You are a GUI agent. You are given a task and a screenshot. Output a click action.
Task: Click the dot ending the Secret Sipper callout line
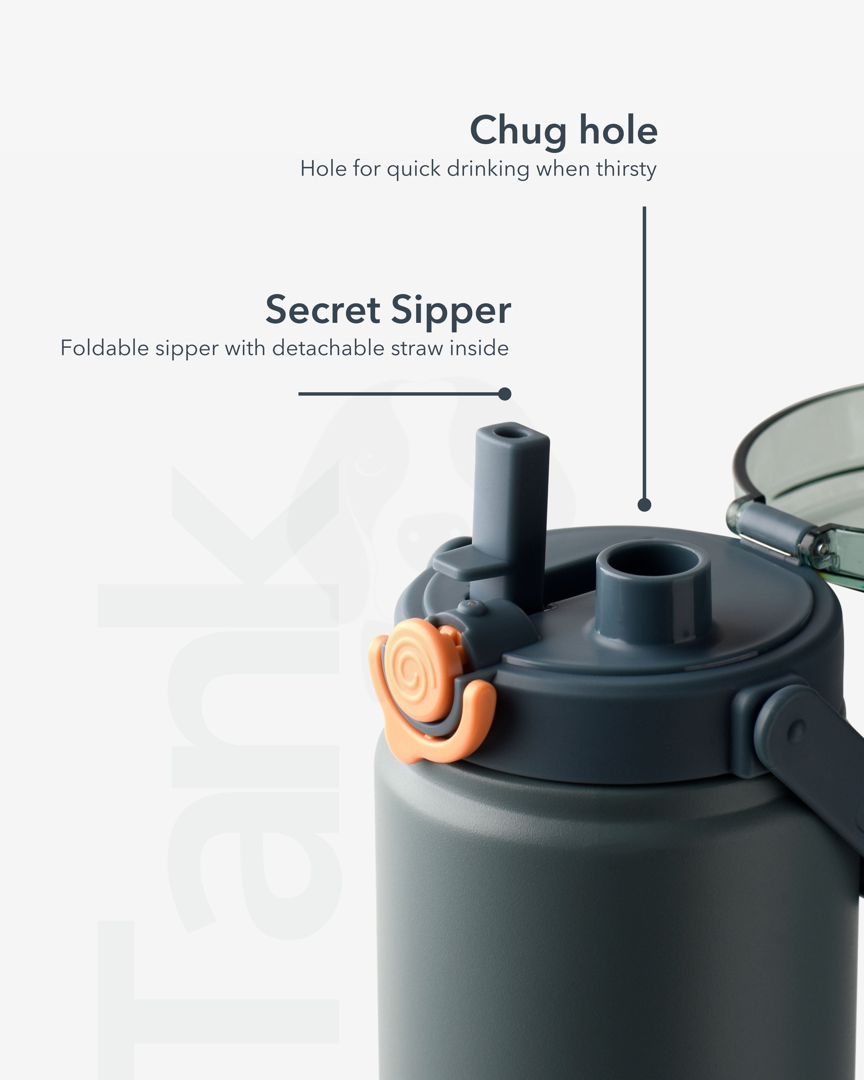click(505, 394)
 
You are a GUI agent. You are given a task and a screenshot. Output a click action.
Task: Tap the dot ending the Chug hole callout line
click(645, 505)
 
